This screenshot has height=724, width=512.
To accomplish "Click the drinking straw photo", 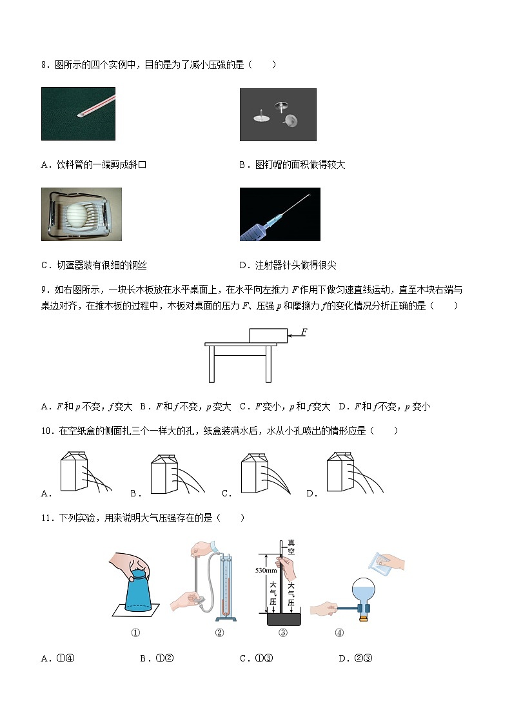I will [78, 113].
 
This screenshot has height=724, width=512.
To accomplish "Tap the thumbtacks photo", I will [278, 114].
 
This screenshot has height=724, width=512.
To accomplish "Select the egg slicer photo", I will [78, 214].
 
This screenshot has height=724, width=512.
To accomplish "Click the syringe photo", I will [279, 214].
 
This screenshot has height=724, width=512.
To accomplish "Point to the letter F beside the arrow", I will [304, 331].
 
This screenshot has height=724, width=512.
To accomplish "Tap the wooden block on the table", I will [268, 335].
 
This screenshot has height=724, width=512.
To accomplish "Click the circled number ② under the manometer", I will [219, 633].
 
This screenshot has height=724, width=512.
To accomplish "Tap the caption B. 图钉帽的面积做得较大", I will [292, 165].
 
